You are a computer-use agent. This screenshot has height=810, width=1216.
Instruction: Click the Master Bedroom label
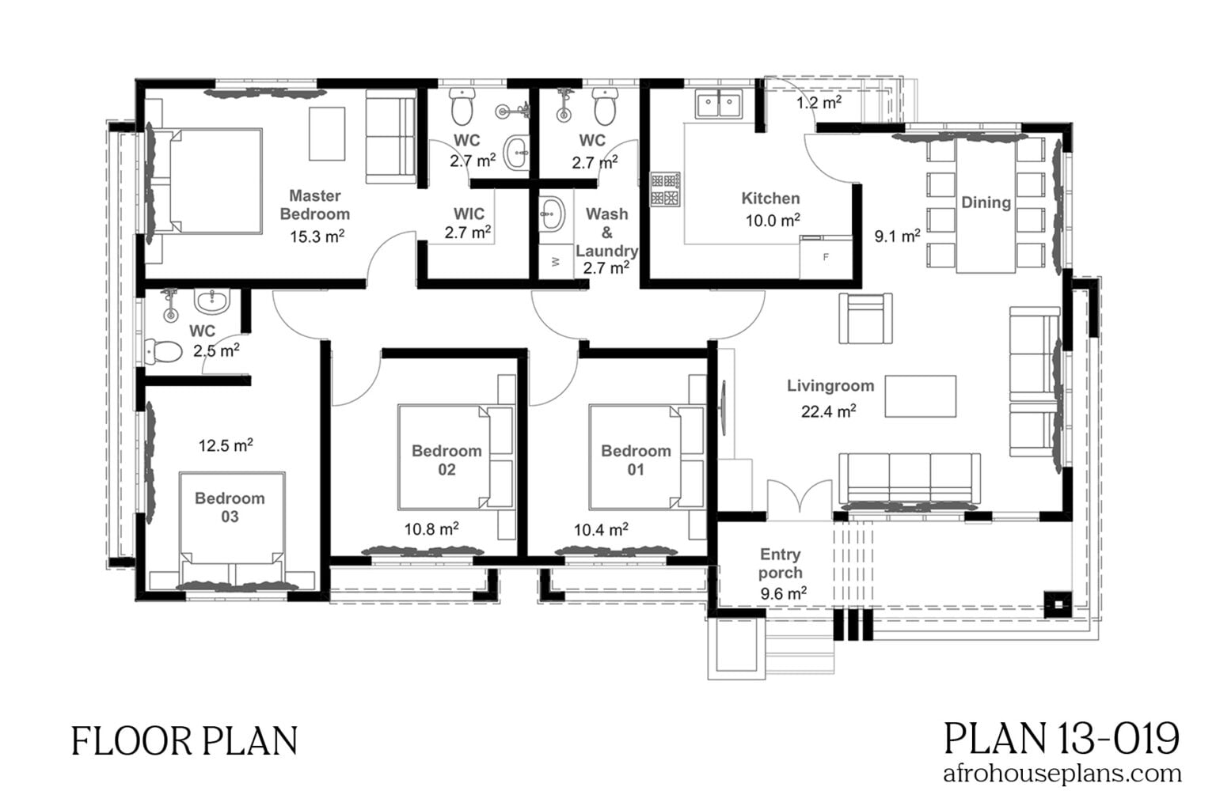point(314,204)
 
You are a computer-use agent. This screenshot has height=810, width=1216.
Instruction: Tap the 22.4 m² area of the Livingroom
point(828,411)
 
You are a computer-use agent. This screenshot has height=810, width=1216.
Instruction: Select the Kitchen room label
point(769,199)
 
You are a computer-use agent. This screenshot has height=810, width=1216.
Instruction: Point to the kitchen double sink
point(719,104)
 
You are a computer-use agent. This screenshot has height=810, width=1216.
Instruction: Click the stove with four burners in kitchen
point(666,190)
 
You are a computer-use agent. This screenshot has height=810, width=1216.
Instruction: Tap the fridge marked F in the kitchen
point(825,258)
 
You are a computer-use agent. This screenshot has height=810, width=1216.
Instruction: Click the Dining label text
point(986,202)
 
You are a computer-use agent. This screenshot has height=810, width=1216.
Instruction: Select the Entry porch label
point(780,563)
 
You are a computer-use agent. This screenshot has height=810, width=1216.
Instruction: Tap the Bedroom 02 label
point(446,460)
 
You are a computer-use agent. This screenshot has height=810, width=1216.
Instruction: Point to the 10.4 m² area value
point(601,529)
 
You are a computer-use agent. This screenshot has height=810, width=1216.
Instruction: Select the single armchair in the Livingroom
point(864,318)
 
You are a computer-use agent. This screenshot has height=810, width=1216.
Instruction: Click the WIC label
point(469,214)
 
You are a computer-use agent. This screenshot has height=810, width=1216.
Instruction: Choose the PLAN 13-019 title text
point(1062,738)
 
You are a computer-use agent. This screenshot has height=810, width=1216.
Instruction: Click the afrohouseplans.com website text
point(1062,773)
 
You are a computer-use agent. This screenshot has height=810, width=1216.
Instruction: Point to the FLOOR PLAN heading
point(184,741)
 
